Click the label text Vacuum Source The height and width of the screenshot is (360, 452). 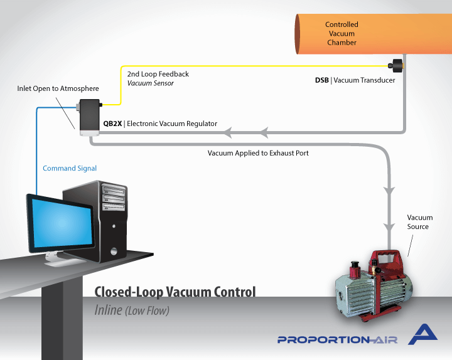click(x=419, y=222)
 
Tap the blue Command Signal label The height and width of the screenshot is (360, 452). click(x=70, y=168)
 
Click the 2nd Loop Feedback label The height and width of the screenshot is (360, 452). click(x=158, y=74)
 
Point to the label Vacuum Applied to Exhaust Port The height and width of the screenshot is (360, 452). click(x=258, y=152)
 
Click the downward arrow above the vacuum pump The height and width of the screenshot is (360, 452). click(x=389, y=190)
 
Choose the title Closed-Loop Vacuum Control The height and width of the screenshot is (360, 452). click(x=175, y=292)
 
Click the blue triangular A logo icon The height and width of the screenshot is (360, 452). click(x=423, y=336)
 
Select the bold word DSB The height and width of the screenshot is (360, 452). click(x=321, y=80)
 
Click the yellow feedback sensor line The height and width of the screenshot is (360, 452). click(x=251, y=64)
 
